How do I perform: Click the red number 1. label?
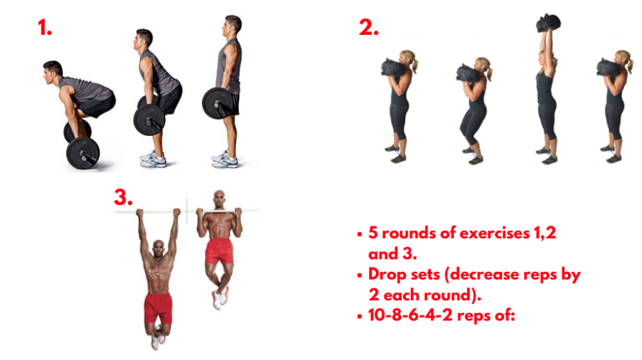coord(46,28)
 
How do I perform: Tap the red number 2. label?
coord(368,28)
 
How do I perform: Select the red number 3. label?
coord(124,198)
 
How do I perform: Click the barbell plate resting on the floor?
coord(82,152)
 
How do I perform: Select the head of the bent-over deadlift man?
coord(52,70)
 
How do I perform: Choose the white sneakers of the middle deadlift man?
coord(154,159)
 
